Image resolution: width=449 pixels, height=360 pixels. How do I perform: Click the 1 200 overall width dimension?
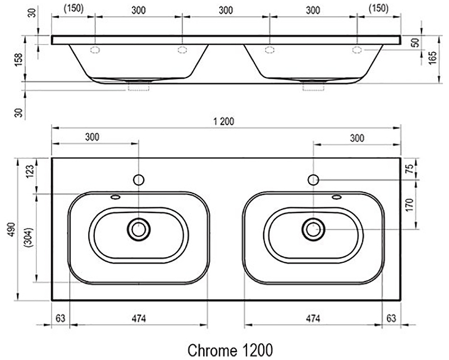point(223,121)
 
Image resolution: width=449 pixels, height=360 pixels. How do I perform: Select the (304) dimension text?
point(29,238)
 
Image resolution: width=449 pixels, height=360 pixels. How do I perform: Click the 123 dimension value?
point(30,172)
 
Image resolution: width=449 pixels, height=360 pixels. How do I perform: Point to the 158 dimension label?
point(19,60)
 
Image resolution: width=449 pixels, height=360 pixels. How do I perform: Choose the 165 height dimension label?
point(432,58)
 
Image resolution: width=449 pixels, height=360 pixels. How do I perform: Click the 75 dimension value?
point(410,169)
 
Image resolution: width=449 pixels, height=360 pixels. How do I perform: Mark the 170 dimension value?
point(410,205)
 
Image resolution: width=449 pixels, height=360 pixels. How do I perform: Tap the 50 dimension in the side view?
point(416,43)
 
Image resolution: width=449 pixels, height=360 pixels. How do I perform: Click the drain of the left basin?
point(139,229)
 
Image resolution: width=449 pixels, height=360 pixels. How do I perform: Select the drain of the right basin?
point(313,229)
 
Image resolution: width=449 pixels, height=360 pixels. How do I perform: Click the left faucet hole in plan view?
point(139,180)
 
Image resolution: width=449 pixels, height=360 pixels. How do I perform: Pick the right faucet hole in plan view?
point(313,180)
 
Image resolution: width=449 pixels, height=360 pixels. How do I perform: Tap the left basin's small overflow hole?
point(116,197)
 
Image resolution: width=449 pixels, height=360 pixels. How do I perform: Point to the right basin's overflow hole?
point(337,197)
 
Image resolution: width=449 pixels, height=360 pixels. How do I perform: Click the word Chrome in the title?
point(213,350)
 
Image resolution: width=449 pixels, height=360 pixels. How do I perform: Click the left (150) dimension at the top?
point(74,8)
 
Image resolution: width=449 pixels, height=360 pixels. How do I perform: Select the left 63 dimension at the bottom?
point(61,318)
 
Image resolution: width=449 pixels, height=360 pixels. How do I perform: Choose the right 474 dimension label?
point(313,318)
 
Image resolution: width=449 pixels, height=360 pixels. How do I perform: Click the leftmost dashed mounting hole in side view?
point(95,50)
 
